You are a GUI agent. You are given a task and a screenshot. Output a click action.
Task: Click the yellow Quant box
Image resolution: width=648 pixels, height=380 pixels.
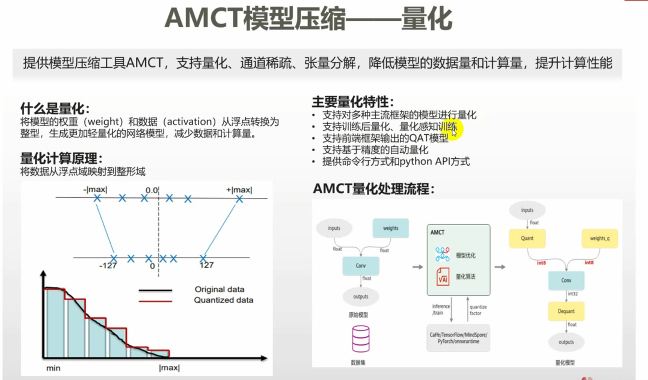(x=527, y=238)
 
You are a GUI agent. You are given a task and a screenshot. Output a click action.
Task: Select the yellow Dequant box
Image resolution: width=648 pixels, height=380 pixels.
(x=566, y=311)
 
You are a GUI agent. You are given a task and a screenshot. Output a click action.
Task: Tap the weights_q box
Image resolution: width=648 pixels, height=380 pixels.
(x=600, y=238)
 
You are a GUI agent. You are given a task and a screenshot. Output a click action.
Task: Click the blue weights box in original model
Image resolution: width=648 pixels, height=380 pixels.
(x=390, y=228)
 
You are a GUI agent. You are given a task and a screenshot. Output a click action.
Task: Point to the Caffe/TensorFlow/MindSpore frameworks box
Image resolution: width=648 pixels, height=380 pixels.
(x=458, y=338)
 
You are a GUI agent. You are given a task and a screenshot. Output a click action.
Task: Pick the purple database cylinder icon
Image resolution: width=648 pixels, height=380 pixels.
(x=361, y=338)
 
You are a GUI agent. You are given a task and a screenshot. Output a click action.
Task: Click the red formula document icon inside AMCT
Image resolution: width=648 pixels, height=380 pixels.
(x=443, y=277)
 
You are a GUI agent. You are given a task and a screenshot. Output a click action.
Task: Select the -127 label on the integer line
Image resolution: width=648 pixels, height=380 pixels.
(x=108, y=266)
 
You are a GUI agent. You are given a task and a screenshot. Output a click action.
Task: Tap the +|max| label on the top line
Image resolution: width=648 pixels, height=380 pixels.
(x=239, y=190)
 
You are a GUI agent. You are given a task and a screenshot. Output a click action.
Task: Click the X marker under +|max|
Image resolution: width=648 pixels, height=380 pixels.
(x=239, y=199)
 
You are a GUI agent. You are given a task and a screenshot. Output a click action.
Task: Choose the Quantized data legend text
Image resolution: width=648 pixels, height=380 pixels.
(x=223, y=300)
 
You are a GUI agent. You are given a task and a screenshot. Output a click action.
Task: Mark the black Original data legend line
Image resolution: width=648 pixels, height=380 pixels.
(x=155, y=290)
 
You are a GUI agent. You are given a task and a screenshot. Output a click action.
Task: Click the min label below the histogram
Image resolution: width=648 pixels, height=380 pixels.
(x=53, y=368)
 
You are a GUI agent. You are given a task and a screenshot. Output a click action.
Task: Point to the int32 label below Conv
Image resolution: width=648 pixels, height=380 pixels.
(x=573, y=294)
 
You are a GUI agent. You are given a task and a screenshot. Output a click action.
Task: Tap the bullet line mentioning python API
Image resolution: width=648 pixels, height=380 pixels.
(x=396, y=162)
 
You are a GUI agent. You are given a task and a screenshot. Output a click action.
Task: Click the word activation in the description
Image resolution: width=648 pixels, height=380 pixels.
(x=189, y=122)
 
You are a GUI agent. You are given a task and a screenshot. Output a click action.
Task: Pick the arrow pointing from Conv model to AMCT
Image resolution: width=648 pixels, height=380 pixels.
(x=417, y=267)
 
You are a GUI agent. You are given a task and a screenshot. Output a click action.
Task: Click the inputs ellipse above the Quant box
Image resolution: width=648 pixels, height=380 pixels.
(x=527, y=210)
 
